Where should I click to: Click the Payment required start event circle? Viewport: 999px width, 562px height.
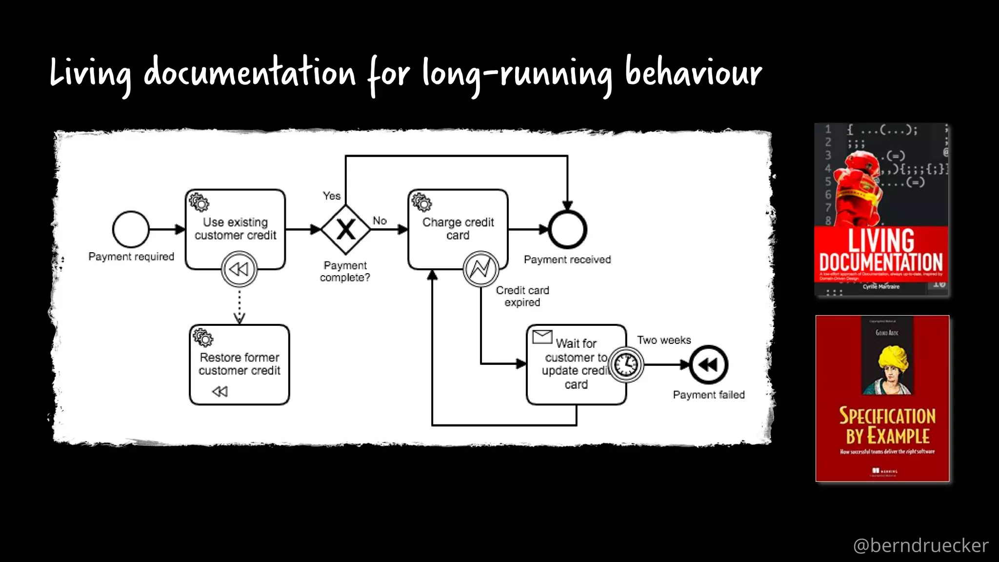pos(131,229)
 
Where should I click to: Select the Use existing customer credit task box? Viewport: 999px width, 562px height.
pos(235,229)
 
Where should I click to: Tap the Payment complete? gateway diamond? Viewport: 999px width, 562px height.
pos(346,229)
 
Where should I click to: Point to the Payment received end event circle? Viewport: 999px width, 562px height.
pos(567,229)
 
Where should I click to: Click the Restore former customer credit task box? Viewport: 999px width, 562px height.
pos(239,364)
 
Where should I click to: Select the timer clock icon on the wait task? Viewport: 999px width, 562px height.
pos(626,364)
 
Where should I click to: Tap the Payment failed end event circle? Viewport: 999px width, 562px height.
pos(708,364)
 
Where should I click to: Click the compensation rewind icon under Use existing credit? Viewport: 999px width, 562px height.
pos(239,269)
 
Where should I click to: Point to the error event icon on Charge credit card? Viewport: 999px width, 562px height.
pos(480,269)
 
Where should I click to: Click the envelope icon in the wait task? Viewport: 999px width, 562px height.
pos(542,337)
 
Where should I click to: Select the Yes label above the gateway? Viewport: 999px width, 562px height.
pos(331,196)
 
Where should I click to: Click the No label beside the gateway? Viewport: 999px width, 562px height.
pos(380,221)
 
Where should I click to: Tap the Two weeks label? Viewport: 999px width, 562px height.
pos(663,340)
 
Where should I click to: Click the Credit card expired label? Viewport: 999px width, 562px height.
pos(522,296)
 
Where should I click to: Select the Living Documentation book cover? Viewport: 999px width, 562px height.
pos(881,210)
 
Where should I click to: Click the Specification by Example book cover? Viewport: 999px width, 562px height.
pos(882,398)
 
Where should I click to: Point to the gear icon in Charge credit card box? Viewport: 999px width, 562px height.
pos(422,202)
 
